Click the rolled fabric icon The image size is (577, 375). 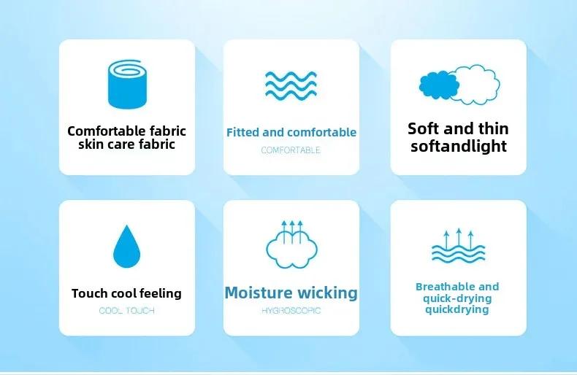tap(127, 85)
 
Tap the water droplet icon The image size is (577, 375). tap(127, 247)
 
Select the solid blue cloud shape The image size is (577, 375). tap(439, 85)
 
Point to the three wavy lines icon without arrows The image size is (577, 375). tap(291, 85)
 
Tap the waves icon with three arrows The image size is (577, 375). tap(459, 245)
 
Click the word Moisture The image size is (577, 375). tap(259, 293)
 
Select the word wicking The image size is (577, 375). tap(327, 293)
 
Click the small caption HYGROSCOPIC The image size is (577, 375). tap(291, 311)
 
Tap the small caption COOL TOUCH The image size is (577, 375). tap(127, 311)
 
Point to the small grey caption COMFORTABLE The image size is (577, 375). tap(291, 150)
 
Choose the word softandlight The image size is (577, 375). tap(459, 146)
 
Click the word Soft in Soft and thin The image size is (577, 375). tap(424, 128)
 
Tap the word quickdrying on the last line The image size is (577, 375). tap(456, 309)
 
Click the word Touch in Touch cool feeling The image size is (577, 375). tap(90, 293)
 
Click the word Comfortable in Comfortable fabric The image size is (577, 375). tap(102, 131)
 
